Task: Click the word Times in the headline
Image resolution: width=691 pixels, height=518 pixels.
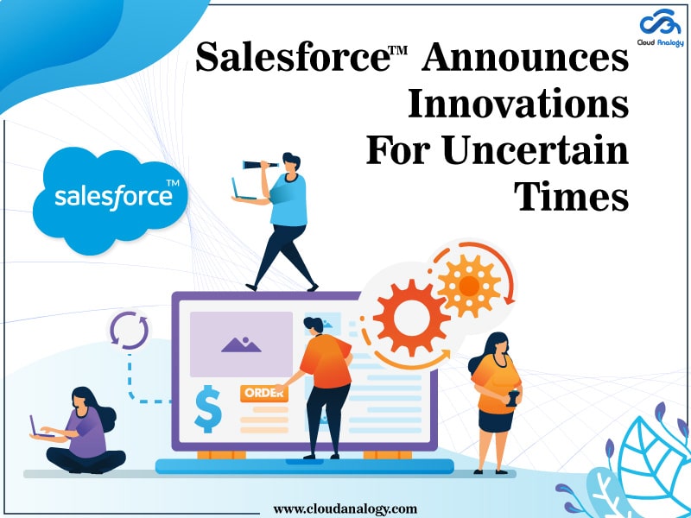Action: tap(571, 198)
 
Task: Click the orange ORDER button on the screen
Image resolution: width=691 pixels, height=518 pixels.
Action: tap(263, 393)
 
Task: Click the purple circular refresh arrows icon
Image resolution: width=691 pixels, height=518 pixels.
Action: tap(129, 329)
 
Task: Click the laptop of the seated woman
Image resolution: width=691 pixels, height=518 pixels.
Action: tap(36, 426)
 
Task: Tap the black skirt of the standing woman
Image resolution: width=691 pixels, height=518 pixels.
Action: tap(498, 420)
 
